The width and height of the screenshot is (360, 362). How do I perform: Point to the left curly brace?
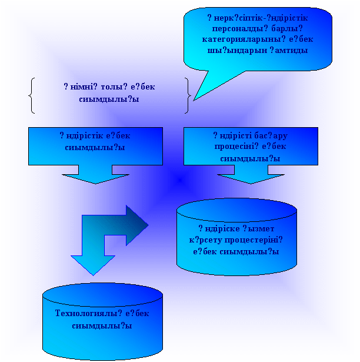coord(31,95)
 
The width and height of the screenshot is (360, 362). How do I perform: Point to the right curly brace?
coord(187,95)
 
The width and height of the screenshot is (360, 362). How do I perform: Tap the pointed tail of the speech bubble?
coord(203,89)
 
